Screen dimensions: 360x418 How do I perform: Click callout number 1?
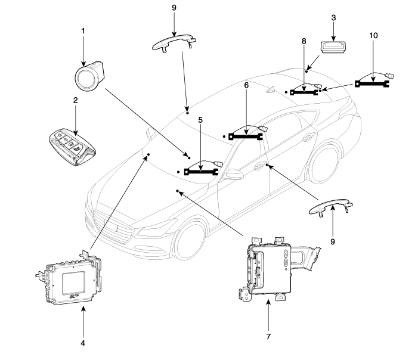83,30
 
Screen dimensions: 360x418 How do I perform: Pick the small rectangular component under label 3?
332,47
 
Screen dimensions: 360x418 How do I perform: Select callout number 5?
201,120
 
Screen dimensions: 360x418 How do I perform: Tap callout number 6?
246,86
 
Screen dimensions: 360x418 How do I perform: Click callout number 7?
268,337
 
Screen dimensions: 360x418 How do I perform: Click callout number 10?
374,36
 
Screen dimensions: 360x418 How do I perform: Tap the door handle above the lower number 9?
333,207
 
